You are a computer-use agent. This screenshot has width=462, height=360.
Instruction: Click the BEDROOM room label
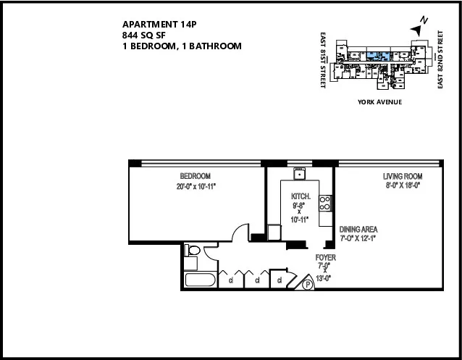tap(195, 177)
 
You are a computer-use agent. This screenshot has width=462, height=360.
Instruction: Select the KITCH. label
tap(301, 196)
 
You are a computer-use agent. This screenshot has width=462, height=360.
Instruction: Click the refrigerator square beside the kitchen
tap(274, 233)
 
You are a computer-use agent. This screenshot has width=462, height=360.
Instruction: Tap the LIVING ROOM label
tap(402, 177)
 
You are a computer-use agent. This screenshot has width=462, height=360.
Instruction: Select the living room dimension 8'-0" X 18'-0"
tap(402, 185)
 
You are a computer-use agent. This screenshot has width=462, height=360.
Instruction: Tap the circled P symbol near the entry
tap(307, 285)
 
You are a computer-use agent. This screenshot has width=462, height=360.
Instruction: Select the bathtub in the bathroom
tap(199, 280)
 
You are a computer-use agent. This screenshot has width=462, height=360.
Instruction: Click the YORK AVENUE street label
tap(379, 102)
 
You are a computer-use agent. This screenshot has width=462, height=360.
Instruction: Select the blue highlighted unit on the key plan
tap(377, 55)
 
